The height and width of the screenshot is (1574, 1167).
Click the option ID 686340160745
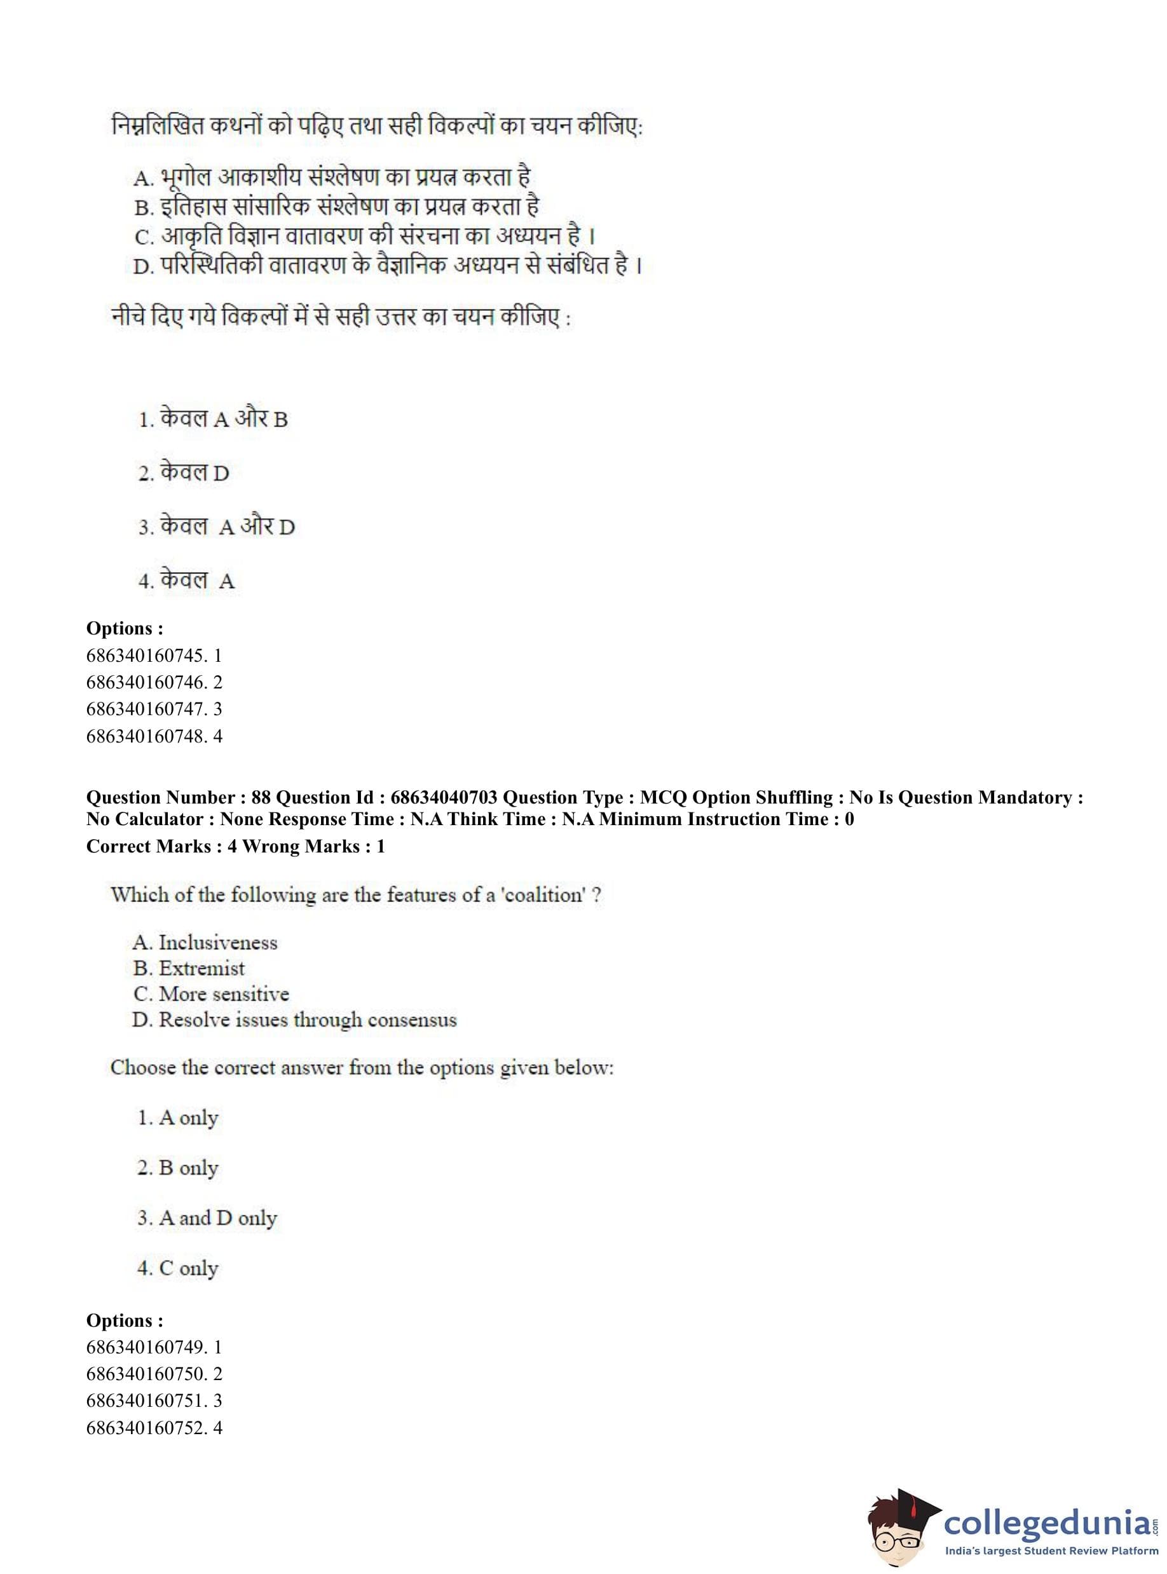tap(146, 655)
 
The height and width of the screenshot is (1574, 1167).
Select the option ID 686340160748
tap(146, 736)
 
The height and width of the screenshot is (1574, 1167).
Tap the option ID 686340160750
tap(146, 1373)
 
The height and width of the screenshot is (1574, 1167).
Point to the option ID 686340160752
tap(146, 1427)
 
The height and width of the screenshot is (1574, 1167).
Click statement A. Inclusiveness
tap(205, 942)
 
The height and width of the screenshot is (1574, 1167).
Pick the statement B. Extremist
tap(189, 969)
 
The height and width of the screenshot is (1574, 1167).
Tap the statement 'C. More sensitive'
tap(210, 994)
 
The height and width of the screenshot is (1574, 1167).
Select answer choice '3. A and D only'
tap(207, 1218)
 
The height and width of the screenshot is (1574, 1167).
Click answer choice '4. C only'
tap(178, 1268)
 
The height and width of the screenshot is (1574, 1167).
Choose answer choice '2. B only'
tap(178, 1168)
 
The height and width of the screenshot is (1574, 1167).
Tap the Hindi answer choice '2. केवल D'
tap(184, 472)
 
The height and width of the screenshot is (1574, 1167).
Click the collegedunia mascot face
tap(897, 1530)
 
